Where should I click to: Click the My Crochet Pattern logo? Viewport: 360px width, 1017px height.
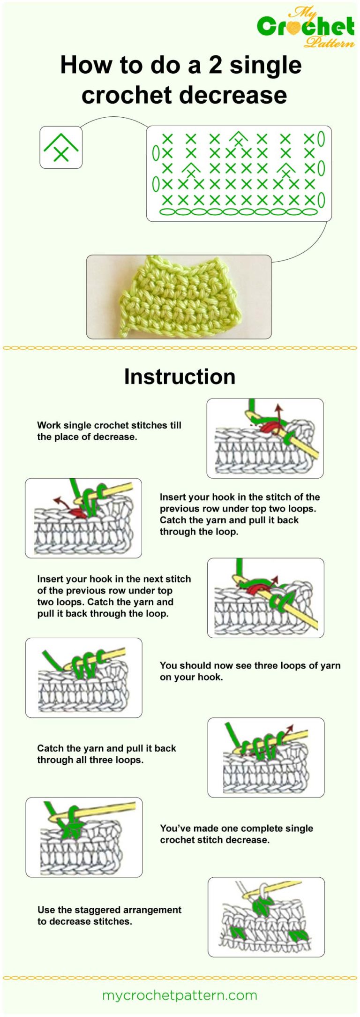click(306, 27)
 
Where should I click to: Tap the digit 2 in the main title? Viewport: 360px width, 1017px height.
click(215, 65)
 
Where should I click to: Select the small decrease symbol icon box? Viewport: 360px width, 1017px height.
click(61, 147)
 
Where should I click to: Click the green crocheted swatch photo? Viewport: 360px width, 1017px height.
click(179, 297)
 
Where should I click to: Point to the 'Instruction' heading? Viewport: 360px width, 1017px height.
click(180, 377)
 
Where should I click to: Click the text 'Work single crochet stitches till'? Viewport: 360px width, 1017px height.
click(109, 425)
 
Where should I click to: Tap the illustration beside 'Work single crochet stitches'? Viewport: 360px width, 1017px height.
click(265, 438)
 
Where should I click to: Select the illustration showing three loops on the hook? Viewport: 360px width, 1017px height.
click(83, 678)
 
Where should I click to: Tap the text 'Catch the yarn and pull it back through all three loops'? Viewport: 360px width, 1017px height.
click(106, 754)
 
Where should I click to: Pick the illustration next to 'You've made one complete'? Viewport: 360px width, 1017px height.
click(84, 837)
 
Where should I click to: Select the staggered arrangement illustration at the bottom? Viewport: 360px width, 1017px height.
click(266, 917)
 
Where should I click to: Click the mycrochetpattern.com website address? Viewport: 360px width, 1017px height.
click(180, 995)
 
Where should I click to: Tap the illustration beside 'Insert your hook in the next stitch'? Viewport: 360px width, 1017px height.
click(265, 598)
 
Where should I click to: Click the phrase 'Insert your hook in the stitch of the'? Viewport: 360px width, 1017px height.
click(240, 497)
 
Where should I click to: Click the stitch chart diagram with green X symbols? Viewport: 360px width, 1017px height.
click(239, 173)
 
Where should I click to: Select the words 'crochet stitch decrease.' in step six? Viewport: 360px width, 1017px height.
click(215, 840)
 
